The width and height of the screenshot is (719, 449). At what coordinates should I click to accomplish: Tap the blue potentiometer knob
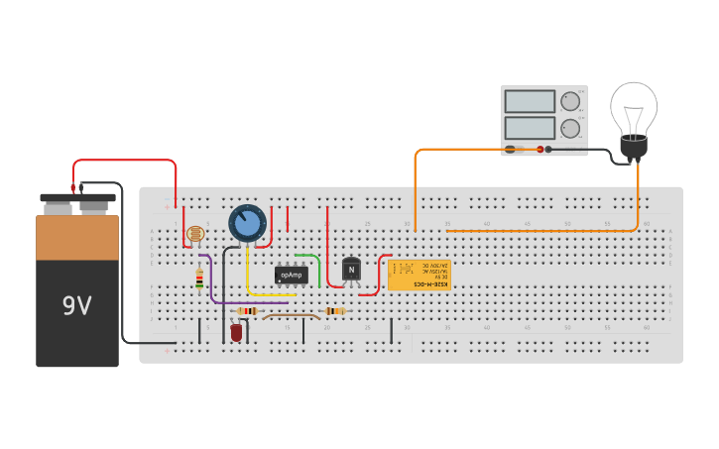pyautogui.click(x=247, y=223)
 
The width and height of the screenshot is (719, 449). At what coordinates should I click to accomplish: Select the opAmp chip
pyautogui.click(x=292, y=275)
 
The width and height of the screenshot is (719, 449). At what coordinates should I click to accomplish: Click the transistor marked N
pyautogui.click(x=351, y=269)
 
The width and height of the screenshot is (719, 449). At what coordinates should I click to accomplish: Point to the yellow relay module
pyautogui.click(x=419, y=275)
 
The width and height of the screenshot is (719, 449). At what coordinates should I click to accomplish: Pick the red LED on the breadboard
pyautogui.click(x=236, y=332)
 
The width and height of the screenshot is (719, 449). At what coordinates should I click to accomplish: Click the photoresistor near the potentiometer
pyautogui.click(x=194, y=234)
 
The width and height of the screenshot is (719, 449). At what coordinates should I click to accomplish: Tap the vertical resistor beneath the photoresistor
pyautogui.click(x=199, y=280)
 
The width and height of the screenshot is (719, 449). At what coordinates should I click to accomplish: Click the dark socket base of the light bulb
pyautogui.click(x=634, y=146)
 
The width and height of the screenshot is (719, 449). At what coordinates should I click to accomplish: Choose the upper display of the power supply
pyautogui.click(x=530, y=101)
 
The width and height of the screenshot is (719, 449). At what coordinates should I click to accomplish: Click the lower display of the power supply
pyautogui.click(x=530, y=128)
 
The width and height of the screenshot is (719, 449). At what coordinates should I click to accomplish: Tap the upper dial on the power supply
pyautogui.click(x=570, y=101)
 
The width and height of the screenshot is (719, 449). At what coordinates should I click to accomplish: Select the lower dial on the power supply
pyautogui.click(x=570, y=128)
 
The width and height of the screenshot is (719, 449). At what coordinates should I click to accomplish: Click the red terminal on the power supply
pyautogui.click(x=541, y=150)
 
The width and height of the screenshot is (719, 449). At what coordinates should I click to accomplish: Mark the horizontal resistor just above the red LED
pyautogui.click(x=246, y=311)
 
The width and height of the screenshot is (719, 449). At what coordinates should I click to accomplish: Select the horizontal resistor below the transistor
pyautogui.click(x=334, y=311)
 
